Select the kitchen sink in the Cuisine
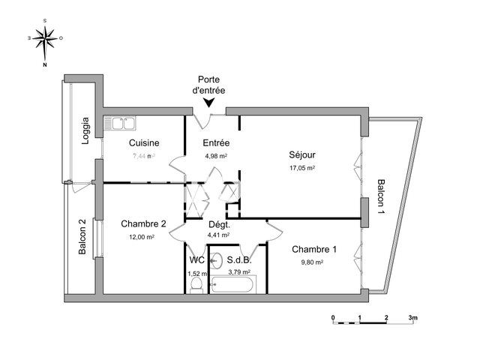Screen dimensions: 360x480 pos(120,122)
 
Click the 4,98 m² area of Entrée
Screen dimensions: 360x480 pos(216,156)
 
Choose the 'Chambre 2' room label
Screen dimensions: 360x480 pos(142,223)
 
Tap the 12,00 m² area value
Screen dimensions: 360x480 pos(142,236)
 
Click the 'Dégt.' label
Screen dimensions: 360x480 pos(218,223)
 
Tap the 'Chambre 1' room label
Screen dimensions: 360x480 pos(313,250)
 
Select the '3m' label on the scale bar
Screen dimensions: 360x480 pos(412,318)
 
